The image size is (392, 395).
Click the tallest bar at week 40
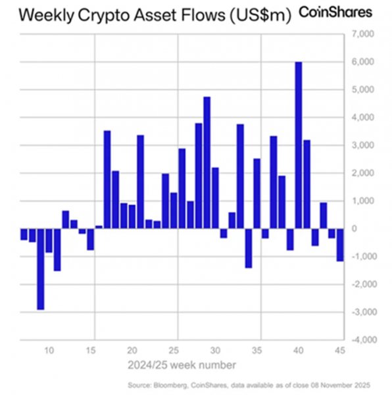(298, 145)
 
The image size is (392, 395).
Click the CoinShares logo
(335, 13)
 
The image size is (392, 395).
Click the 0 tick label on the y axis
(356, 228)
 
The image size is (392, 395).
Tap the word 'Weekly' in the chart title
(41, 14)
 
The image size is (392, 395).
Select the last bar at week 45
(340, 244)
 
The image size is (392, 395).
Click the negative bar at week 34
(249, 248)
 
